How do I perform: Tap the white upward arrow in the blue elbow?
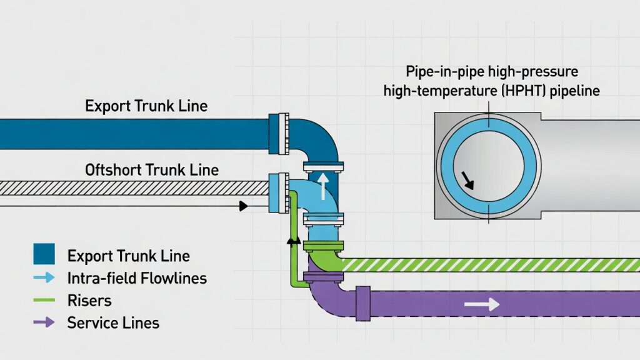click(322, 186)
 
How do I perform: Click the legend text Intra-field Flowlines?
click(137, 278)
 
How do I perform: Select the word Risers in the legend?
click(89, 301)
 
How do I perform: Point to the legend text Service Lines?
click(113, 323)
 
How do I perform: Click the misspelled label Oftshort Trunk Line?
click(152, 169)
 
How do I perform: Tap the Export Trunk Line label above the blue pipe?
click(146, 105)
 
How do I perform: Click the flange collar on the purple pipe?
click(362, 304)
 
